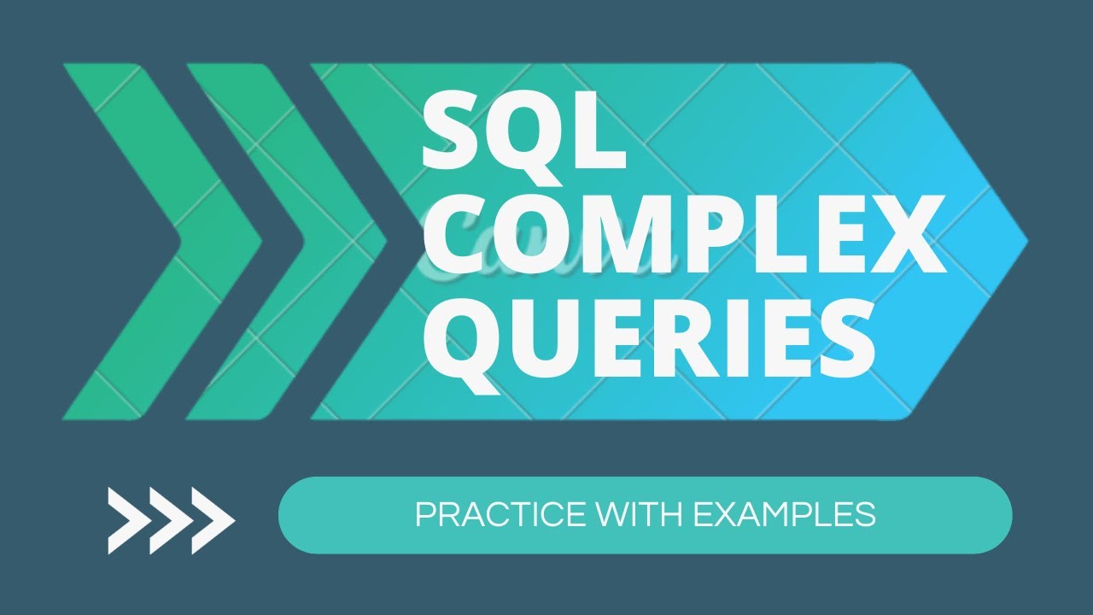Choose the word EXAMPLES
(x=784, y=514)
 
